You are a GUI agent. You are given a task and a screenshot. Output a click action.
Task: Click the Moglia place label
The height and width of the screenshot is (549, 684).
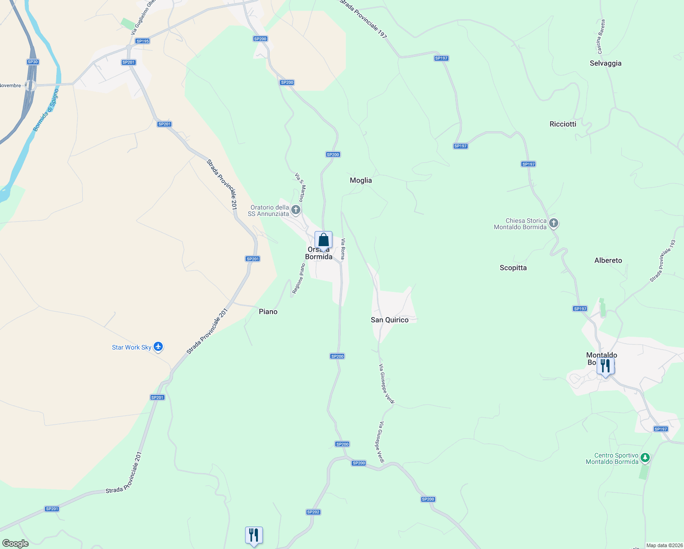[361, 180]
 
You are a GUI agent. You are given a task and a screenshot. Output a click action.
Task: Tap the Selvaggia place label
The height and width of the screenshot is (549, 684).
[605, 63]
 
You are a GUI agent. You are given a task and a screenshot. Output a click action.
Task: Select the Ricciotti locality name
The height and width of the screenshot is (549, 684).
[563, 124]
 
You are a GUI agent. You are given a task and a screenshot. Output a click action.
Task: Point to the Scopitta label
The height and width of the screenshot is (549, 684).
[513, 268]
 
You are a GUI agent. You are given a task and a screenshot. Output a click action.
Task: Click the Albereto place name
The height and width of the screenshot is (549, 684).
[608, 260]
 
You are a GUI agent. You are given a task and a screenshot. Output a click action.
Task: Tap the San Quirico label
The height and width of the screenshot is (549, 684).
[390, 320]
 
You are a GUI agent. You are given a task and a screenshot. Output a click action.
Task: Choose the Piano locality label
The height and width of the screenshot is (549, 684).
[268, 312]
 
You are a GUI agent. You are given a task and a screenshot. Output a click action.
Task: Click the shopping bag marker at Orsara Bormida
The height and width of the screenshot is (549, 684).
[323, 240]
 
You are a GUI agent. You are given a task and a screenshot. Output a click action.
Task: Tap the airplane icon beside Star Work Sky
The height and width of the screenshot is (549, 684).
[158, 347]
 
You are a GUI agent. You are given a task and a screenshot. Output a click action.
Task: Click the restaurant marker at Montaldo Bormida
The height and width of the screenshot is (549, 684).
[605, 366]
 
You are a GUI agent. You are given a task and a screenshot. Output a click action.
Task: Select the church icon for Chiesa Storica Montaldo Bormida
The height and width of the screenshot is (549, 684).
[553, 223]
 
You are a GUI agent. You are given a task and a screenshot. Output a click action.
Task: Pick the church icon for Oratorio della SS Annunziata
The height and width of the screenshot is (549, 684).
[296, 210]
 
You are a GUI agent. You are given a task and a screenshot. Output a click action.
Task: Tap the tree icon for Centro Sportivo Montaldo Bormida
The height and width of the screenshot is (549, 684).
[645, 457]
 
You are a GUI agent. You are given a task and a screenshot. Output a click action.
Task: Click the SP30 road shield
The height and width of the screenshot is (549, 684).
[32, 62]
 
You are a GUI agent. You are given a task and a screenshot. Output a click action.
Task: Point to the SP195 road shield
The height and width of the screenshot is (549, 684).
[143, 41]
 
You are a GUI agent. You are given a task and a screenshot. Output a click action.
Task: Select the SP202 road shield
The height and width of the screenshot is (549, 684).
[313, 512]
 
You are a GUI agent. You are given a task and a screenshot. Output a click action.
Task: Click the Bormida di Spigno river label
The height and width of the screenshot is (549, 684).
[46, 110]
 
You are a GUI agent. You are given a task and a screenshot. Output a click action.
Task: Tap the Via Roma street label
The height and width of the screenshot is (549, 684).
[343, 249]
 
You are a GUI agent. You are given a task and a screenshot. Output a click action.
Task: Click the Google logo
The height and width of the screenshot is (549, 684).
[16, 544]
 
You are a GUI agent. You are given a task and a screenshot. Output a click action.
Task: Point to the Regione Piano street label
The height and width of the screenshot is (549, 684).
[299, 279]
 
